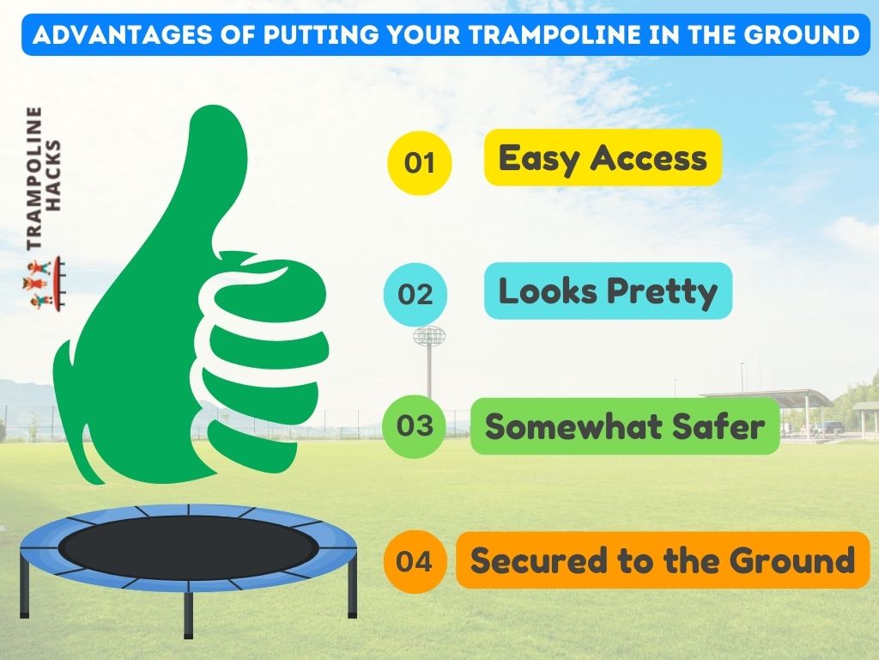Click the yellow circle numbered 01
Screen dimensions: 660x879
click(419, 162)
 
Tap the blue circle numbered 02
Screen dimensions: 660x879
click(415, 295)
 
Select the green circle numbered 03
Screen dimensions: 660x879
click(415, 425)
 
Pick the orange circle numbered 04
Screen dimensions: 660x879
click(415, 562)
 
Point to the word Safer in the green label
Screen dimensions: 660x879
click(721, 427)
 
